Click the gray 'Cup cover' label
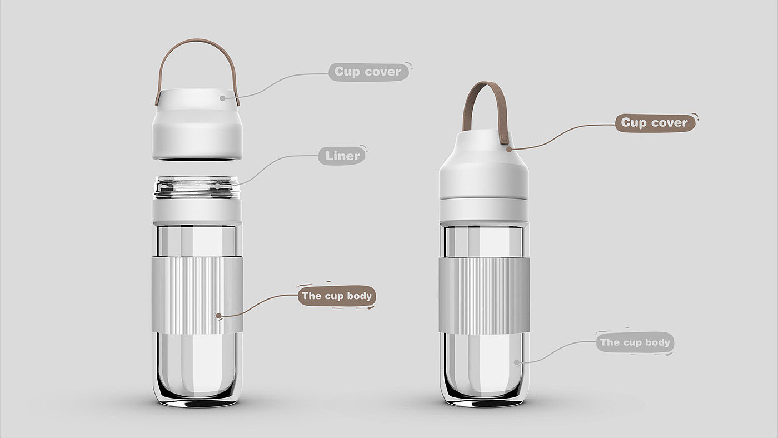[x=369, y=72]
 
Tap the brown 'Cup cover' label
[x=655, y=123]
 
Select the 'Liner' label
[x=342, y=156]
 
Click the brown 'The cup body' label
[x=337, y=296]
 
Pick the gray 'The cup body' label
[x=635, y=342]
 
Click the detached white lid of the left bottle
[x=197, y=125]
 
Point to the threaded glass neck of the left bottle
[x=197, y=187]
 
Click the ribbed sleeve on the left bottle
[x=197, y=295]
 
